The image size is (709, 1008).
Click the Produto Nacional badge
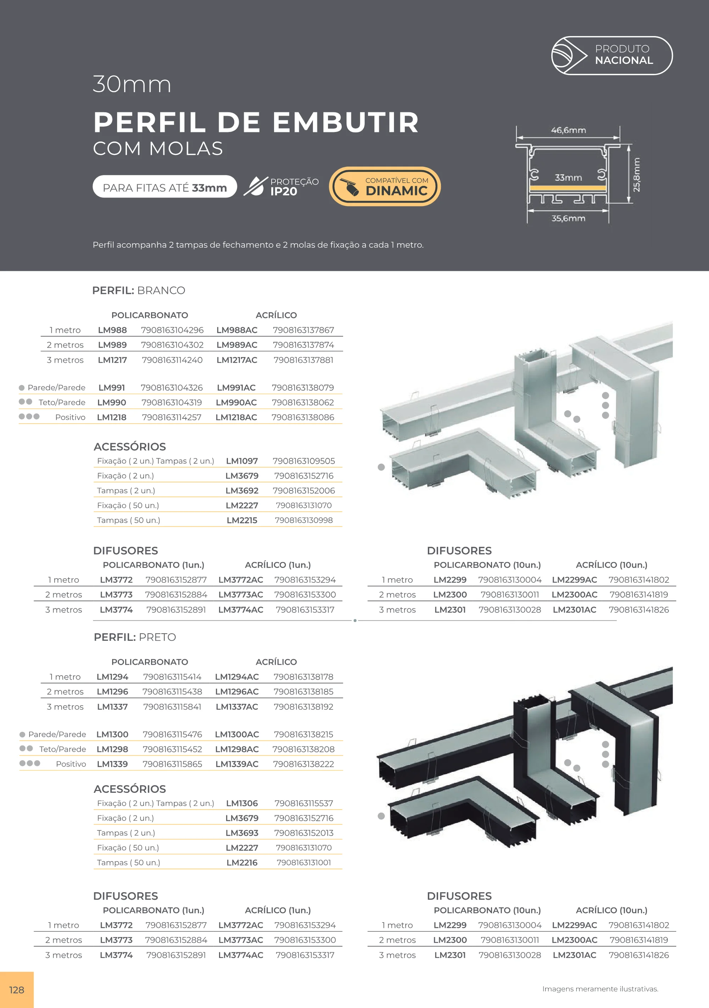pyautogui.click(x=612, y=56)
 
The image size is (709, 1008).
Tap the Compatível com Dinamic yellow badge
pyautogui.click(x=385, y=186)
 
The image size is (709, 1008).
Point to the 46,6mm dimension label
pyautogui.click(x=569, y=130)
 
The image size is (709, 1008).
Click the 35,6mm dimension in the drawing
pyautogui.click(x=569, y=218)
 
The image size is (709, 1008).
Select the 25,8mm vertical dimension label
pyautogui.click(x=637, y=174)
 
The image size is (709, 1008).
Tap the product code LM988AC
pyautogui.click(x=237, y=330)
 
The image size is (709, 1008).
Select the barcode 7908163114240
pyautogui.click(x=172, y=360)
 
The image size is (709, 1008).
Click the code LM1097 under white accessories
pyautogui.click(x=242, y=461)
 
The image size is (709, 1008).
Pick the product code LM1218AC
pyautogui.click(x=236, y=417)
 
